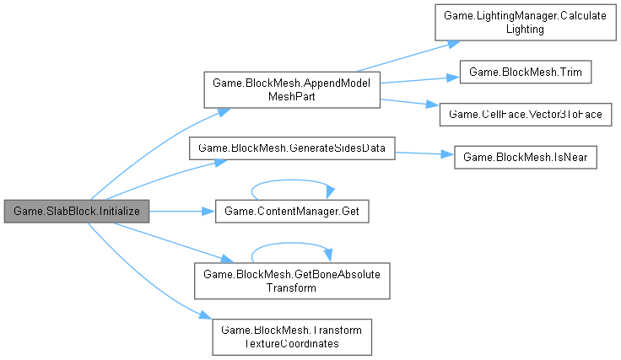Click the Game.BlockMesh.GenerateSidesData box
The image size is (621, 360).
click(x=292, y=148)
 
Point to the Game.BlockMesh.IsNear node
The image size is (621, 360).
click(x=526, y=159)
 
